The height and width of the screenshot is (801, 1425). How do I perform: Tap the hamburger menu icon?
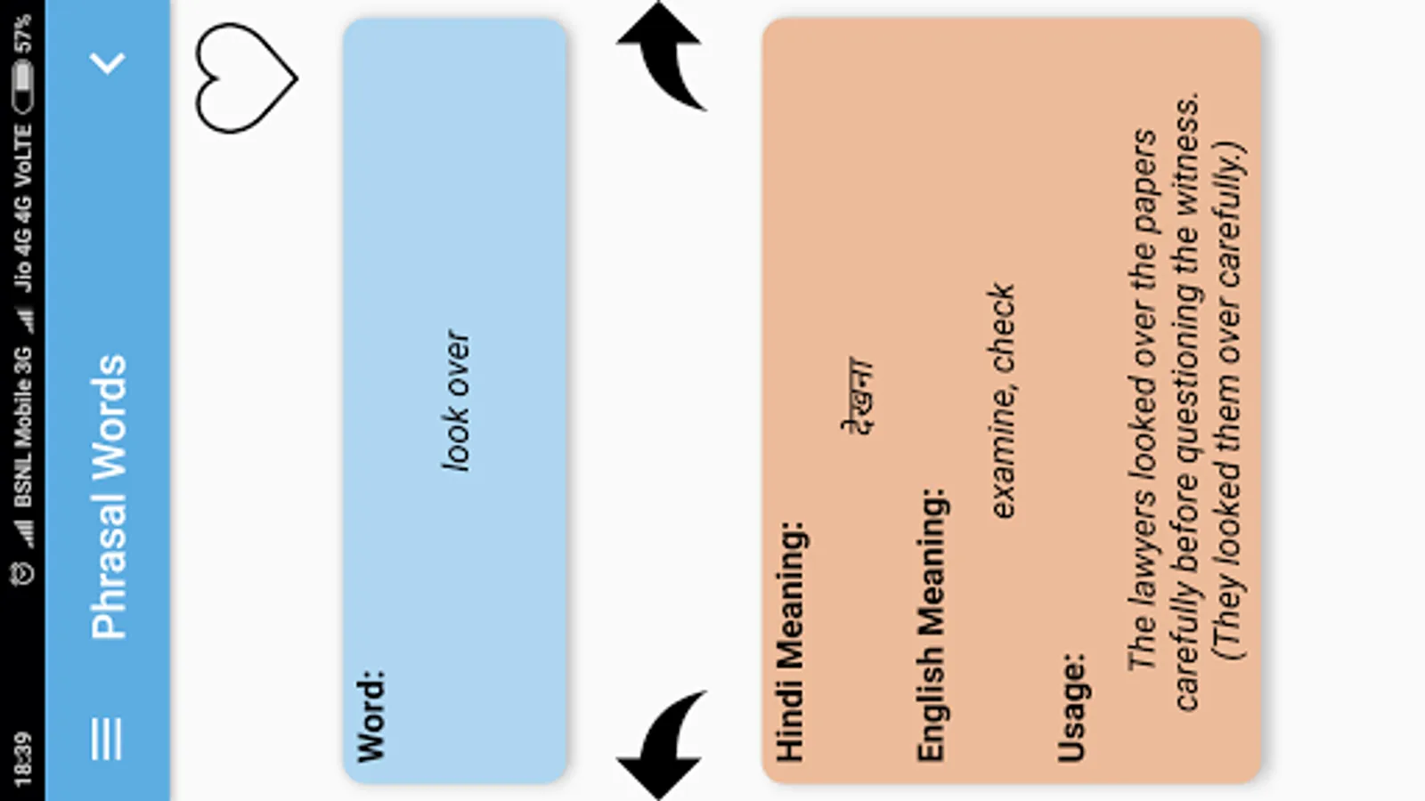click(x=106, y=739)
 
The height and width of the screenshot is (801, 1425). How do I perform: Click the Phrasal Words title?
click(x=109, y=497)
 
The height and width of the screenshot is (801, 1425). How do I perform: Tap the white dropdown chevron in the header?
click(x=108, y=62)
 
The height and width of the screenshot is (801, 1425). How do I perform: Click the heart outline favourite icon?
click(x=244, y=78)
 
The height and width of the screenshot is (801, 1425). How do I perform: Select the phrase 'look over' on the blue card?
click(x=456, y=400)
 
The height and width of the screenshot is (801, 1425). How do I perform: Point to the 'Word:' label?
click(x=371, y=716)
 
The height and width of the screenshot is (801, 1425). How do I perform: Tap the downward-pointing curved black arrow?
click(x=662, y=746)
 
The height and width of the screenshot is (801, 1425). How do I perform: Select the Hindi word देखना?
click(x=859, y=395)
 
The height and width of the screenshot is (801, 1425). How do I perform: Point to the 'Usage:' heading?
click(x=1071, y=708)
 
